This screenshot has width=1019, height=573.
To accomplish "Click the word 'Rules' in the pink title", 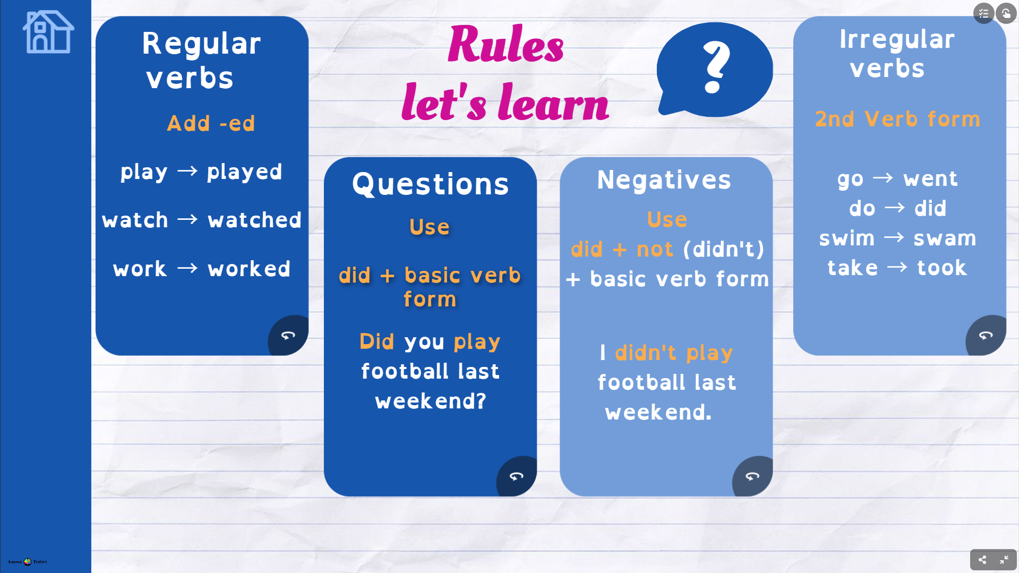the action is pyautogui.click(x=506, y=44).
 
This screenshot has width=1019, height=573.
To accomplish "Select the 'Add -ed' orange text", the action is pyautogui.click(x=211, y=123).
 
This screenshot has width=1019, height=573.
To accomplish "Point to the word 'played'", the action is pyautogui.click(x=244, y=172).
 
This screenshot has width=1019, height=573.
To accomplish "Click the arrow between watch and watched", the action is pyautogui.click(x=187, y=219).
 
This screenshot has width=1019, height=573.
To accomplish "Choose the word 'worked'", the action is pyautogui.click(x=249, y=269).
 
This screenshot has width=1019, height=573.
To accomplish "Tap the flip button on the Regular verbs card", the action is pyautogui.click(x=288, y=335).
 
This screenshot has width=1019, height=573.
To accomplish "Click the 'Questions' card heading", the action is pyautogui.click(x=430, y=184).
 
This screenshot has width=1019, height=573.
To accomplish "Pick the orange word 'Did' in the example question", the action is pyautogui.click(x=376, y=341).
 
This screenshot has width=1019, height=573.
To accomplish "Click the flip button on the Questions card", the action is pyautogui.click(x=517, y=476).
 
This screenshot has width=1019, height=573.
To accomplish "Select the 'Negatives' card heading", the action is pyautogui.click(x=664, y=180).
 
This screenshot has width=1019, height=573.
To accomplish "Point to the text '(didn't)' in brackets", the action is pyautogui.click(x=724, y=249).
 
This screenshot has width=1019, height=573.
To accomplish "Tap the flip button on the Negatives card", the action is pyautogui.click(x=752, y=476).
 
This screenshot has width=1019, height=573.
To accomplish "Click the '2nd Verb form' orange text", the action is pyautogui.click(x=897, y=119).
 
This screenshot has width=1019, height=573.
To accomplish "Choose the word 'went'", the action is pyautogui.click(x=930, y=179).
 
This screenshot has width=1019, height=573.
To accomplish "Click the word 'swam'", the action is pyautogui.click(x=945, y=238).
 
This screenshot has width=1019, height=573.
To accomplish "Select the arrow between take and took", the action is pyautogui.click(x=897, y=267).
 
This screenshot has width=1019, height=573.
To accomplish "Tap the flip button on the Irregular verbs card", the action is pyautogui.click(x=986, y=335).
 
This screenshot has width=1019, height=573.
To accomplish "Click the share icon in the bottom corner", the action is pyautogui.click(x=982, y=560).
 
